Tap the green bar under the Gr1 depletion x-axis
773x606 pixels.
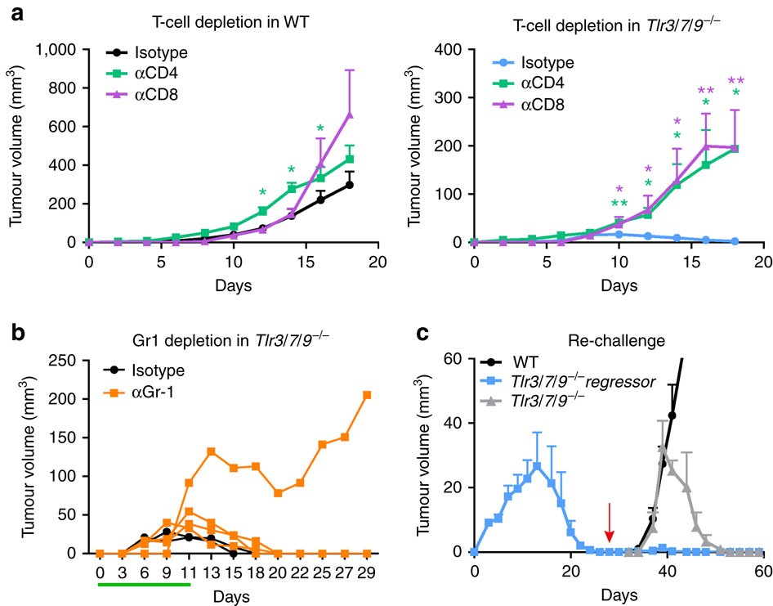pos(144,584)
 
